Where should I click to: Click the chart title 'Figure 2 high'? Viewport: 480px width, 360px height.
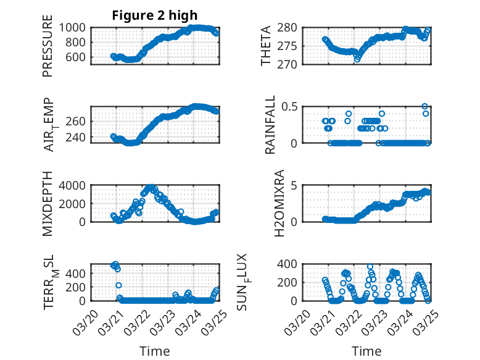(x=155, y=15)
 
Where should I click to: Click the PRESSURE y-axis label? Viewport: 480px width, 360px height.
(x=48, y=46)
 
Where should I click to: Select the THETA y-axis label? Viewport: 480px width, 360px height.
(x=266, y=46)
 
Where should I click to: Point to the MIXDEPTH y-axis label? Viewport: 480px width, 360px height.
(x=48, y=203)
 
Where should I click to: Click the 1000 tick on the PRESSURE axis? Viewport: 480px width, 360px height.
(x=75, y=28)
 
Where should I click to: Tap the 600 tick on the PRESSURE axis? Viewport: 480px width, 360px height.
(x=78, y=57)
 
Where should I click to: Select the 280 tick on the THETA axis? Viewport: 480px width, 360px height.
(x=289, y=28)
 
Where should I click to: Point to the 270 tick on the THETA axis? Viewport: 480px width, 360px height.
(x=289, y=64)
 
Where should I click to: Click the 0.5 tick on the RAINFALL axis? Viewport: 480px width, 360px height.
(x=289, y=106)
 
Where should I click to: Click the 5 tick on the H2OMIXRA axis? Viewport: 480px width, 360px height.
(x=295, y=185)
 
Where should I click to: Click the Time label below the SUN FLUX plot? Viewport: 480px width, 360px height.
(x=366, y=351)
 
